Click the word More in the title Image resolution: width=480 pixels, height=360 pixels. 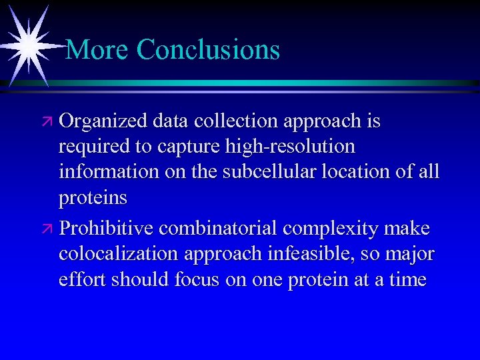[98, 49]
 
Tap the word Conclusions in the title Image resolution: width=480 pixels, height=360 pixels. [208, 49]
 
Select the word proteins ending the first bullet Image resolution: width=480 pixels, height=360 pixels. [93, 198]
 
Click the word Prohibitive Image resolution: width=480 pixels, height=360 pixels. [107, 229]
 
